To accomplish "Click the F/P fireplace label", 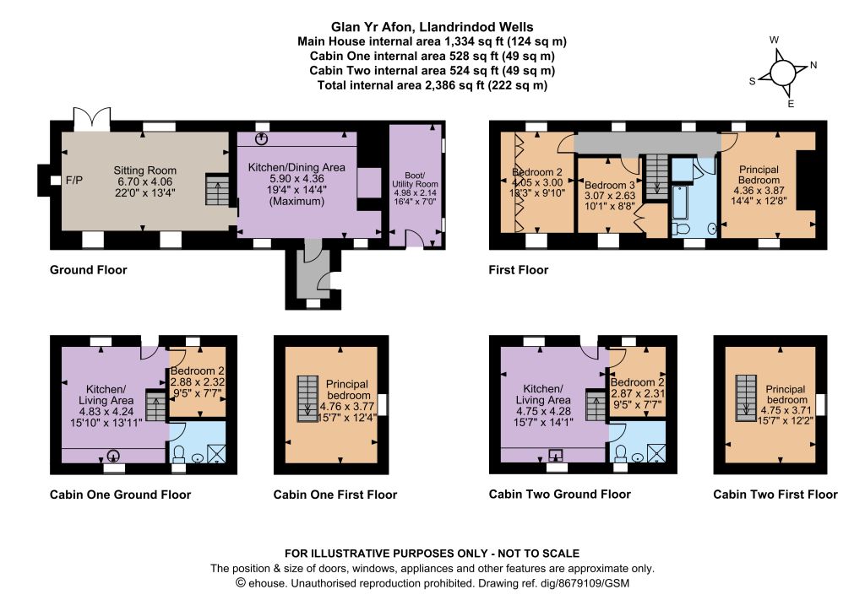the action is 74,180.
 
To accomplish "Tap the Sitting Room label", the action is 145,170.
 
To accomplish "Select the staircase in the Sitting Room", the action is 217,190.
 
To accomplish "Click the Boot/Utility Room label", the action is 415,180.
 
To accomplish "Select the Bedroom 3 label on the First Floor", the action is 610,185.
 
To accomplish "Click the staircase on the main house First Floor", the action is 656,176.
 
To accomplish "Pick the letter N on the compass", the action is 813,65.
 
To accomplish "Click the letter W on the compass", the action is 774,40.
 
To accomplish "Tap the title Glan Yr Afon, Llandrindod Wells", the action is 432,27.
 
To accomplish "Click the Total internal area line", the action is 432,85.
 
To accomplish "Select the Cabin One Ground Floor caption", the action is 120,495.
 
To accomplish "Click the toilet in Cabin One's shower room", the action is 179,454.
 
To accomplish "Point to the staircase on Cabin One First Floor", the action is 307,399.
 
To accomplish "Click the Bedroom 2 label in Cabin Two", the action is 637,382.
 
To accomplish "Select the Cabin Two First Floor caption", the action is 775,495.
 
